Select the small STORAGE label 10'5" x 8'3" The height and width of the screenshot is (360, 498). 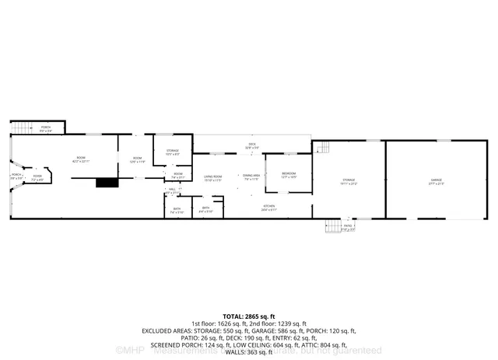click(x=172, y=152)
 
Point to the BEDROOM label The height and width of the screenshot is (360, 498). click(x=289, y=174)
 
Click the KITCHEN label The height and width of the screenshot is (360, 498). click(x=269, y=208)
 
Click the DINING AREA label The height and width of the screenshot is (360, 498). click(x=251, y=177)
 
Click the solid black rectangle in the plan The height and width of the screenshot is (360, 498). click(x=105, y=183)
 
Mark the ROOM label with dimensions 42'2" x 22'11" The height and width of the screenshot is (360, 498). click(x=80, y=159)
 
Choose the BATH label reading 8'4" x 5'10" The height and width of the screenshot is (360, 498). click(x=206, y=209)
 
